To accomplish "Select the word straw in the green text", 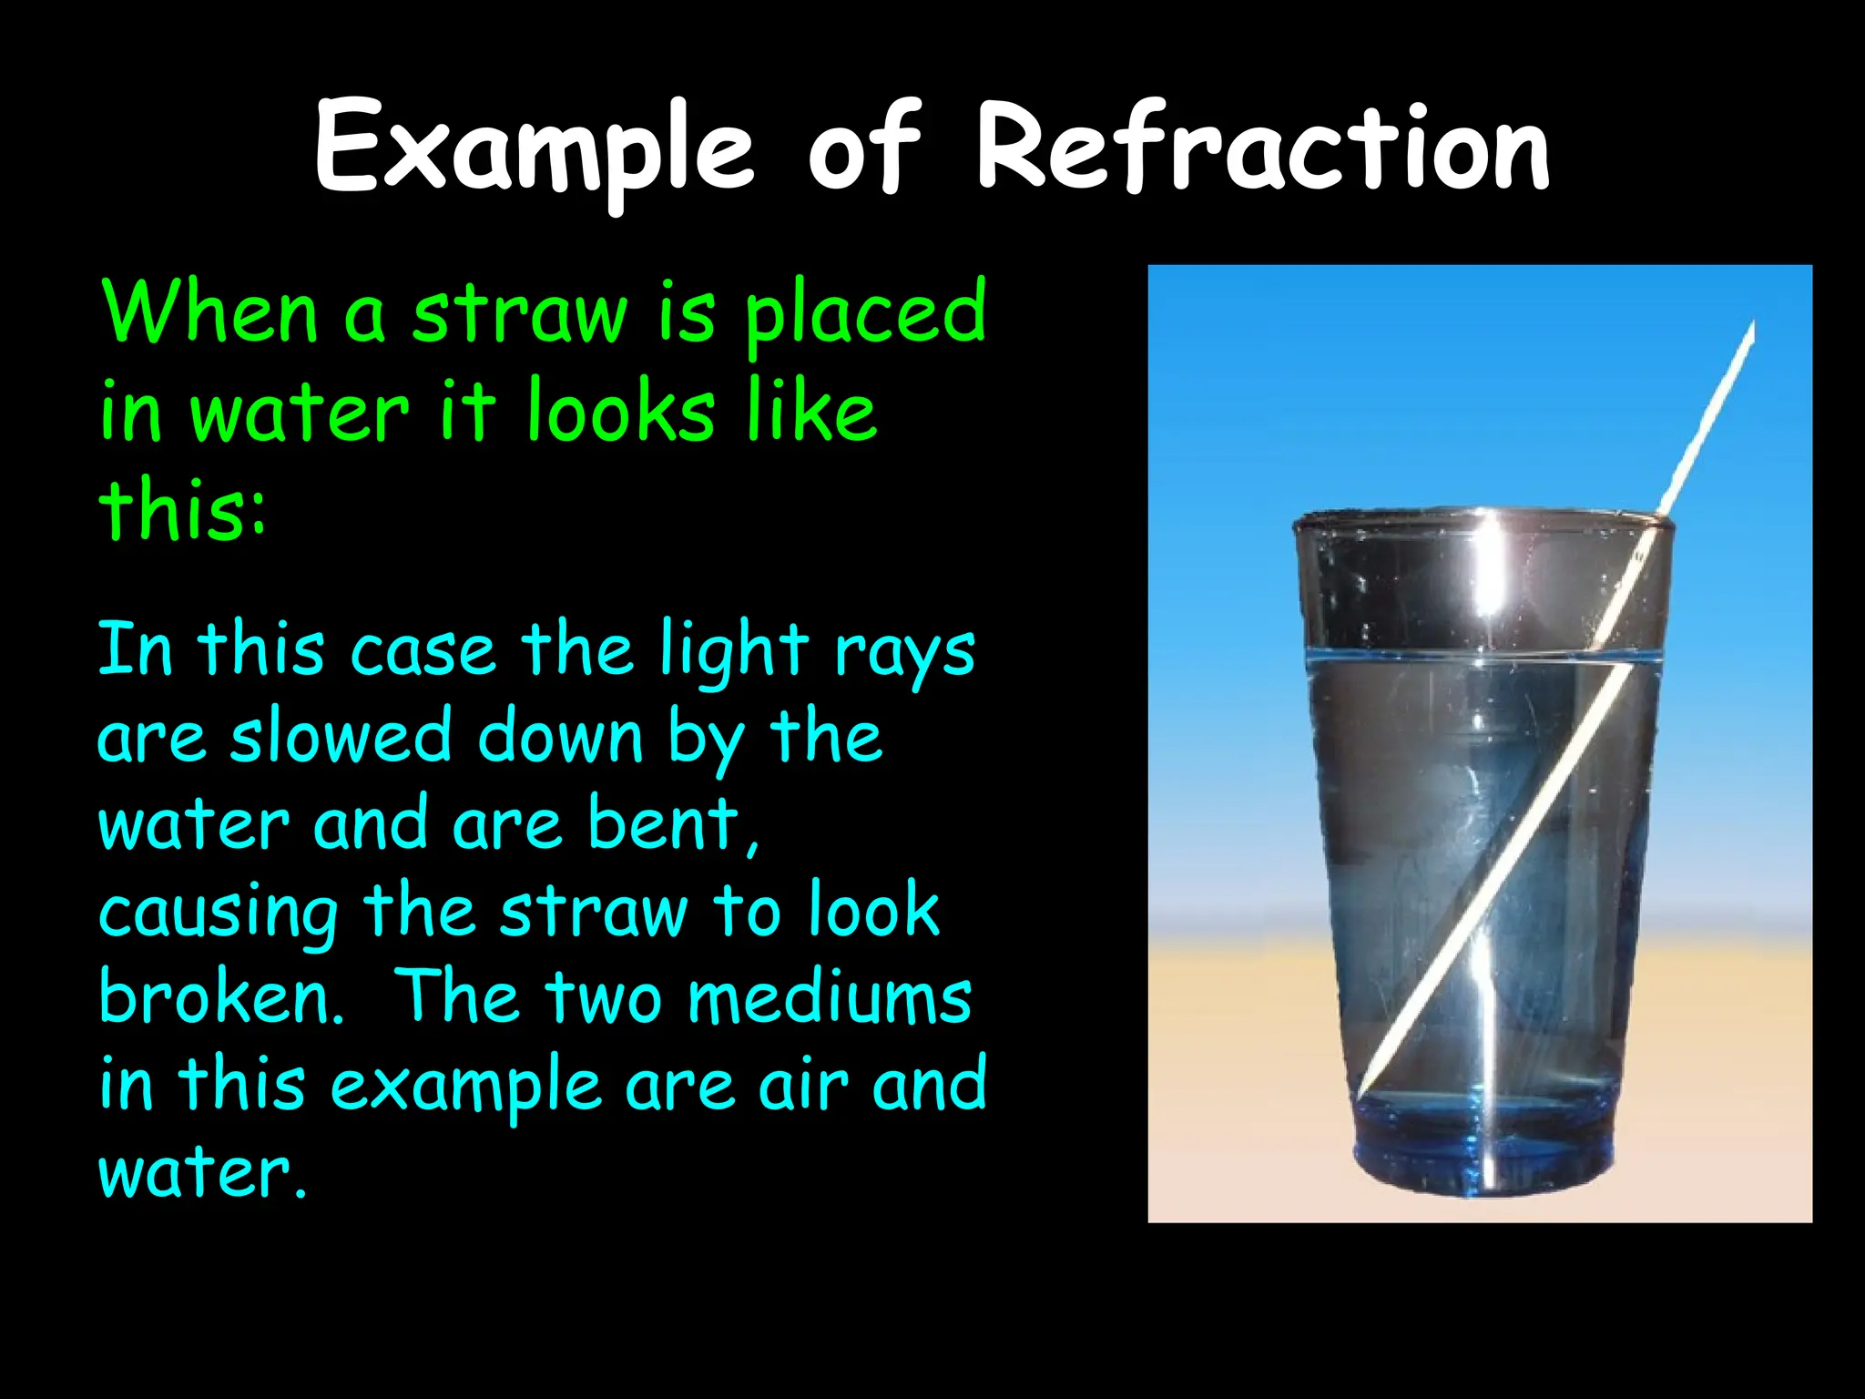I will coord(520,314).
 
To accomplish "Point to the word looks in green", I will coord(620,412).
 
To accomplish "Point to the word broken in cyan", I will coord(219,996).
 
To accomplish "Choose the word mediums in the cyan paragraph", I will coord(830,998).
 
